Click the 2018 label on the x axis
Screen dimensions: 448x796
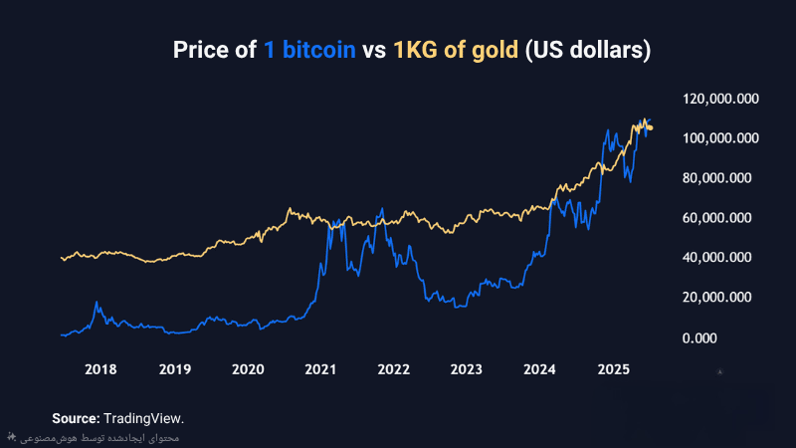click(x=100, y=369)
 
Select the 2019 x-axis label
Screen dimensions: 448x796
click(x=175, y=369)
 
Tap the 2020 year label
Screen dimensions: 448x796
click(x=248, y=369)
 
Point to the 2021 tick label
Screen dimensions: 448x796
click(x=320, y=369)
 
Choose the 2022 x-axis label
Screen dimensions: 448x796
click(x=394, y=369)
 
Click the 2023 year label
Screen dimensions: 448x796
click(x=467, y=369)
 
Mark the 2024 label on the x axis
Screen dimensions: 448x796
click(x=540, y=369)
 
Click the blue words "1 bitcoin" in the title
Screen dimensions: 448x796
click(x=308, y=50)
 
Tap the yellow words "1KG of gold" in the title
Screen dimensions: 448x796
click(x=456, y=50)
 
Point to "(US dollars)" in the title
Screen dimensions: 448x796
click(x=587, y=50)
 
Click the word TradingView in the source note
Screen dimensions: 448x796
click(x=144, y=418)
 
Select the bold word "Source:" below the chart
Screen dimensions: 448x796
click(x=76, y=418)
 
